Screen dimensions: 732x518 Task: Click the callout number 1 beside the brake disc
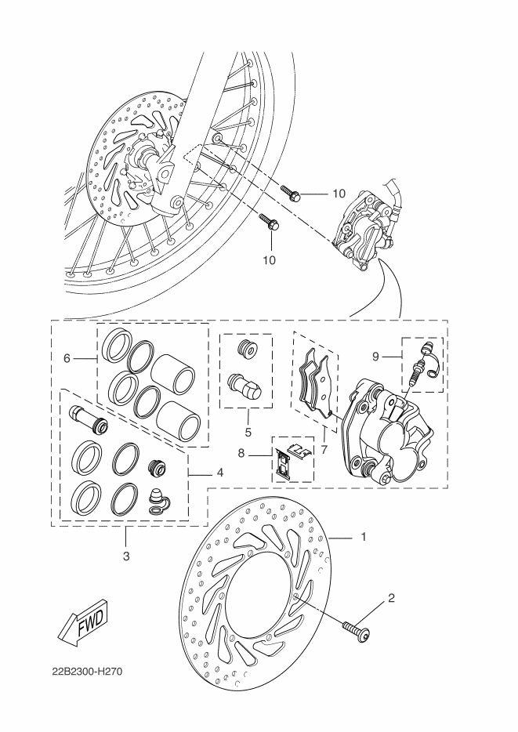click(363, 538)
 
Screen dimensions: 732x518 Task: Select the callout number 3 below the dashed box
click(127, 556)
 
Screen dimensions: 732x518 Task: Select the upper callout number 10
click(338, 193)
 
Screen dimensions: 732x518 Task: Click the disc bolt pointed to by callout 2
click(358, 629)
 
